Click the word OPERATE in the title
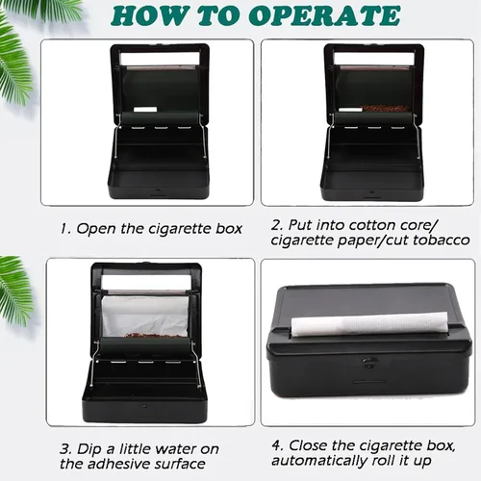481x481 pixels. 324,15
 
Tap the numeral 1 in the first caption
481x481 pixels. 65,229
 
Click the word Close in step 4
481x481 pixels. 308,445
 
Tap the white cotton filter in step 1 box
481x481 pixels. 145,110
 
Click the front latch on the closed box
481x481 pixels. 368,362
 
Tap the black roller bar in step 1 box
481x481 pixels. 160,118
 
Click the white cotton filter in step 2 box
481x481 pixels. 350,110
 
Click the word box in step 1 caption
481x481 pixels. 229,229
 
